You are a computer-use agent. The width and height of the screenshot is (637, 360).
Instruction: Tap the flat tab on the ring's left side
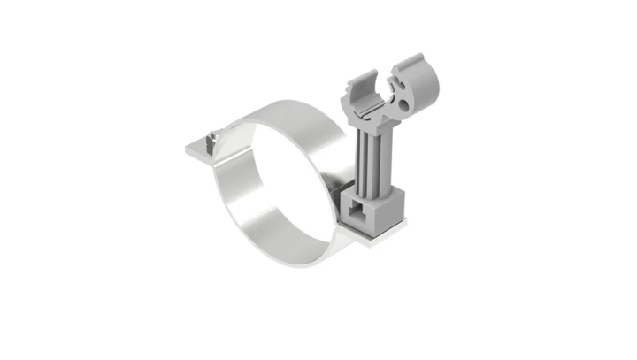pyautogui.click(x=199, y=150)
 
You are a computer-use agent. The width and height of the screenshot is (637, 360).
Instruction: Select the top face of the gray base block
pyautogui.click(x=376, y=189)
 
